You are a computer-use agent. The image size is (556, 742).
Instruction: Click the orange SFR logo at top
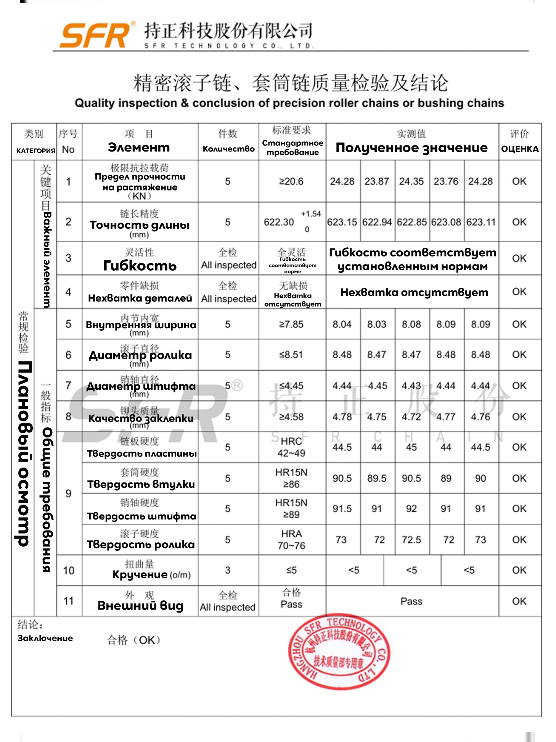point(95,35)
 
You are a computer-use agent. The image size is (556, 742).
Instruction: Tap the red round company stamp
point(338,652)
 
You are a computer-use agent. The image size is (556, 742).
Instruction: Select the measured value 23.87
point(376,181)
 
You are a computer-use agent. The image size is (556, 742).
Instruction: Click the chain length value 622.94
point(377,222)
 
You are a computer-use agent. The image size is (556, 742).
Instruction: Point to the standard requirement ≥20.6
point(291,181)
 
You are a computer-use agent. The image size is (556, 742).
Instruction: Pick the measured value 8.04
point(342,324)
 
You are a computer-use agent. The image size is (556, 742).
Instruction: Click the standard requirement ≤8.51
point(291,355)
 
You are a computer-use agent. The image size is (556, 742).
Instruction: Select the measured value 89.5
point(376,478)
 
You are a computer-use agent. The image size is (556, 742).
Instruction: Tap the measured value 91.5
point(342,509)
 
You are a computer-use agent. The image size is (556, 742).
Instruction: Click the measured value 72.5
point(411,540)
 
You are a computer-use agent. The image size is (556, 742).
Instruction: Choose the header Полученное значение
point(411,148)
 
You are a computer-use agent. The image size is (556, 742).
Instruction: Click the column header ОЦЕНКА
point(520,149)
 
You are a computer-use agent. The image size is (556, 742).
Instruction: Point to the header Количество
point(228,149)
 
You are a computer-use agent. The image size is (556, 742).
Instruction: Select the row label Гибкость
point(140,266)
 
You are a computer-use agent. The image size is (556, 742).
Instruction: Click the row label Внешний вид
point(140,606)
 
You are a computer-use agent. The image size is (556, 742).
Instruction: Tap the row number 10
point(69,571)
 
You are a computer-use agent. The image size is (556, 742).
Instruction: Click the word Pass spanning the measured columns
point(411,602)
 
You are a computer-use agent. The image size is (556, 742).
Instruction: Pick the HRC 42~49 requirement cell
point(291,447)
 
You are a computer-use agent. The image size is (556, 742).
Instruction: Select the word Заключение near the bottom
point(45,638)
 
